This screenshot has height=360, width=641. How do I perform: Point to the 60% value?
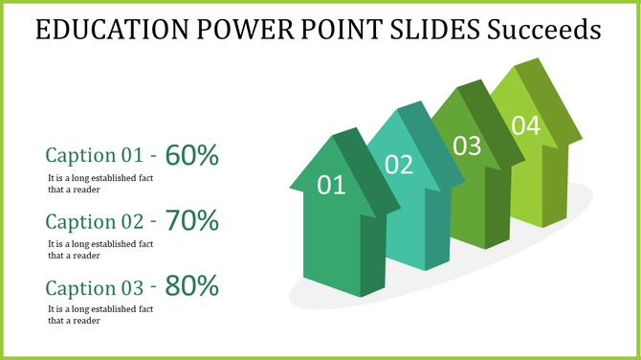192,154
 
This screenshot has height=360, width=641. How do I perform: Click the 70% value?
192,220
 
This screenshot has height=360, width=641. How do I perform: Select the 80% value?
192,285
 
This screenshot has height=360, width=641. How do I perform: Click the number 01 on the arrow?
330,185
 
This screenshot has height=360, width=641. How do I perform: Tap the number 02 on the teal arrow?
398,165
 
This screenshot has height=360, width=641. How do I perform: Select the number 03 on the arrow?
466,146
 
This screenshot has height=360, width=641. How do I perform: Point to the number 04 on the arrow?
525,124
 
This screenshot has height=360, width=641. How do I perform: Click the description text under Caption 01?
100,183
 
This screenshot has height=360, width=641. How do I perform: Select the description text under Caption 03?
100,314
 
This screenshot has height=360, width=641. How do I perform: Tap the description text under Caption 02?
100,249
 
